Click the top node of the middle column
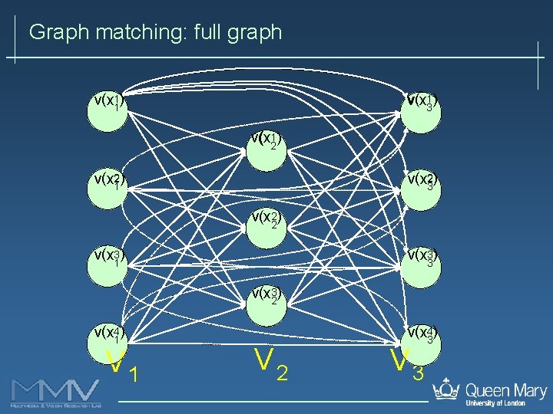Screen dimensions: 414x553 [x=265, y=149]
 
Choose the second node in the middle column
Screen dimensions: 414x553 [x=265, y=226]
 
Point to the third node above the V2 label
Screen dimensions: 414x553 [x=265, y=304]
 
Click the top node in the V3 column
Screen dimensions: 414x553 [x=421, y=111]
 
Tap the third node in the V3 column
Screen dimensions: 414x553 [x=421, y=264]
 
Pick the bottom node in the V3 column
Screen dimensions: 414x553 [x=421, y=341]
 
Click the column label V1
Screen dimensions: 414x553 [x=122, y=367]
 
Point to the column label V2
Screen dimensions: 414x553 [x=271, y=365]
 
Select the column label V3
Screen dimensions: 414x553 [x=406, y=366]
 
